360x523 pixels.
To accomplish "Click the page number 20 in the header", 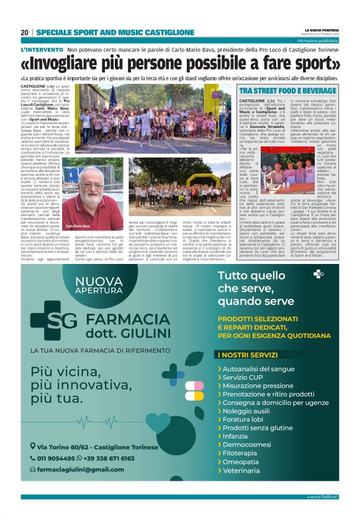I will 24,32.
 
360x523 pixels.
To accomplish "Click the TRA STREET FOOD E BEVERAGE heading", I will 278,91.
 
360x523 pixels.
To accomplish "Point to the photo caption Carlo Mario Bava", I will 78,227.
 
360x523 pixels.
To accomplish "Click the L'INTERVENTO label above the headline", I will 42,49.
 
